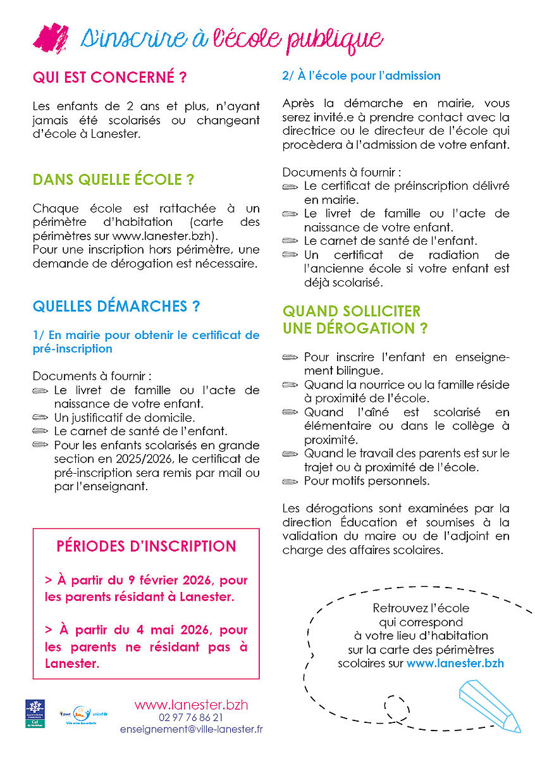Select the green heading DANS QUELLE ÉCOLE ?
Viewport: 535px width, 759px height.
coord(113,180)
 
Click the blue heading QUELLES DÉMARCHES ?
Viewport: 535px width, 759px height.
coord(116,307)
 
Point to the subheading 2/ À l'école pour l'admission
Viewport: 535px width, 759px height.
coord(361,76)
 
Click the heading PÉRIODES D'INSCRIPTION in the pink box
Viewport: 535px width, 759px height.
coord(146,546)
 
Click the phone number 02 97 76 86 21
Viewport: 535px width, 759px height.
coord(191,717)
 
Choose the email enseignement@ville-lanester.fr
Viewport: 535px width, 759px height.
coord(191,729)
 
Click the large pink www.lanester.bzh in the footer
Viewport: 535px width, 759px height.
coord(191,705)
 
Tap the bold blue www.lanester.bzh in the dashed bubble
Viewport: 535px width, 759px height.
coord(455,663)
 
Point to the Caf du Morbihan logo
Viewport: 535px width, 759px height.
coord(35,713)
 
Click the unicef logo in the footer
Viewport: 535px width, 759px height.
coord(100,712)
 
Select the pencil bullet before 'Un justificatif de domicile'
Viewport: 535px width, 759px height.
coord(40,418)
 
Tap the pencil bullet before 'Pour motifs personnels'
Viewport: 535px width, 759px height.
coord(290,481)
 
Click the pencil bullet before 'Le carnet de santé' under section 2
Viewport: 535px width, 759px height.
coord(290,241)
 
